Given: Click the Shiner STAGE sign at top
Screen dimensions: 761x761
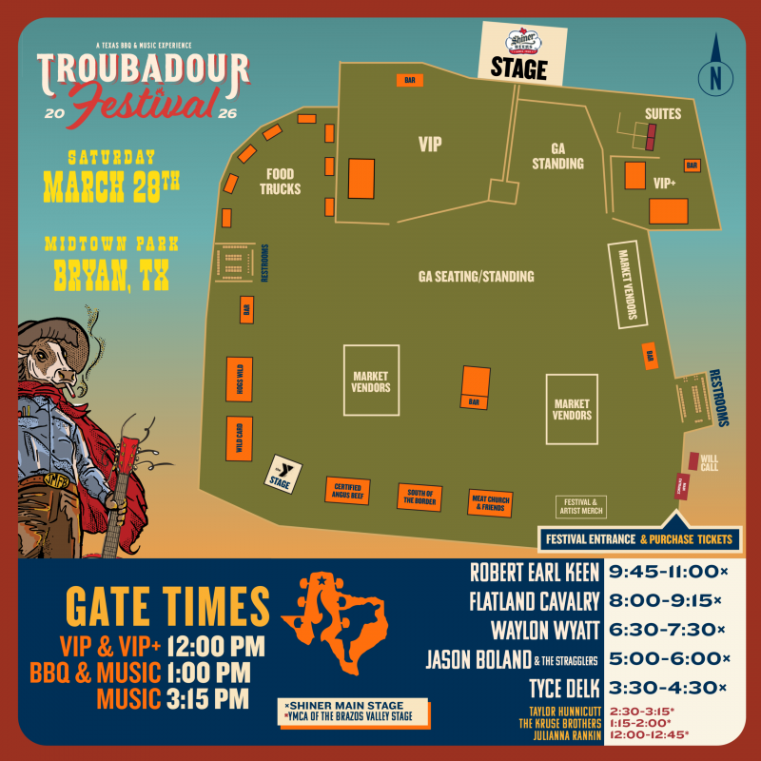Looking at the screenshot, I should coord(518,53).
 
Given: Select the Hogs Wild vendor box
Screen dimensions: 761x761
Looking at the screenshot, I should coord(239,381).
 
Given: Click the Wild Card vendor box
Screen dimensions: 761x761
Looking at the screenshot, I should coord(239,439).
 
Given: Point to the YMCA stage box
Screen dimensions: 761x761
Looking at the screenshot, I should coord(283,473).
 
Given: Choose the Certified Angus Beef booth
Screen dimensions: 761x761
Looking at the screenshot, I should coord(347,491).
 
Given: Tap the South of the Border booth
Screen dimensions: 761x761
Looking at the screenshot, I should coord(420,496).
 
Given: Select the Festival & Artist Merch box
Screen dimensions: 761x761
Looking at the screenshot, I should coord(580,507).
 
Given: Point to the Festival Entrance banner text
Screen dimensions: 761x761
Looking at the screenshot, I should coord(590,539).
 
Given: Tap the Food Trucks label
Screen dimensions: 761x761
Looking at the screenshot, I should coord(280,182).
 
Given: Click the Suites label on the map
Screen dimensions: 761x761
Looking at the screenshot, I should coord(663,114).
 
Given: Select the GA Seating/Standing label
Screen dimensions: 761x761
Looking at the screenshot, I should coord(476,277).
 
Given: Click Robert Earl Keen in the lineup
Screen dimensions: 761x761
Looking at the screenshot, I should coord(535,573).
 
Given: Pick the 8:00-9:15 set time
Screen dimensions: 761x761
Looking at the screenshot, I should coord(664,601).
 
